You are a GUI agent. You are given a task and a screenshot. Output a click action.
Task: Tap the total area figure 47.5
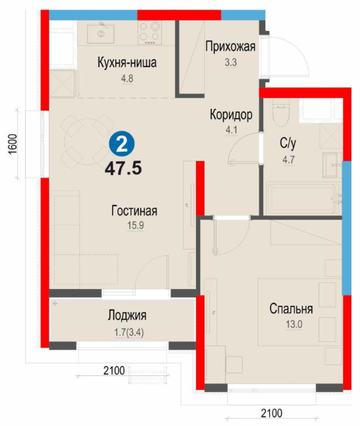coord(123,169)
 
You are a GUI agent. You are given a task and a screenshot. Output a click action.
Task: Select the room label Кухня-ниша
coord(127,63)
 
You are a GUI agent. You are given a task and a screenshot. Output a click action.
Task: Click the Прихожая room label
coord(230,47)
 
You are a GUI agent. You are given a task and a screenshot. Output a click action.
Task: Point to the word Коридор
coord(231,115)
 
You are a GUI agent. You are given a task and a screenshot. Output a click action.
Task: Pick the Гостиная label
coord(134,211)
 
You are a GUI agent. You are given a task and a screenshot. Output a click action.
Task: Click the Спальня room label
coord(291,309)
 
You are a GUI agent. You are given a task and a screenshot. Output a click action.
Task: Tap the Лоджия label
coord(127,315)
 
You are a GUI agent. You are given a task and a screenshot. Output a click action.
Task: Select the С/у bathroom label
coord(288,143)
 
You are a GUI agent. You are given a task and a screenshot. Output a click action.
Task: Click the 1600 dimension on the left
coord(13,144)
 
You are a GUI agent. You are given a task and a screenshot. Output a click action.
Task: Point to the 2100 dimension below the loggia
coord(114,370)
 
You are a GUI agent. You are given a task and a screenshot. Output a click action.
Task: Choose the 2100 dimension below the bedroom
coord(272,413)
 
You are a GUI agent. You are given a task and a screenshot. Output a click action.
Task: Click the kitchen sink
coord(101,33)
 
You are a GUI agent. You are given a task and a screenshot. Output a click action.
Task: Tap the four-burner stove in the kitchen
coord(149,33)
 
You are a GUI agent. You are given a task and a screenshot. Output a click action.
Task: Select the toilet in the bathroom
coord(281,112)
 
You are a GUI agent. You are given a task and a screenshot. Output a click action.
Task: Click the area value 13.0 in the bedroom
coord(294,325)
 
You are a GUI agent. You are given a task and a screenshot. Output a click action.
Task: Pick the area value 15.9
coord(136,225)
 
